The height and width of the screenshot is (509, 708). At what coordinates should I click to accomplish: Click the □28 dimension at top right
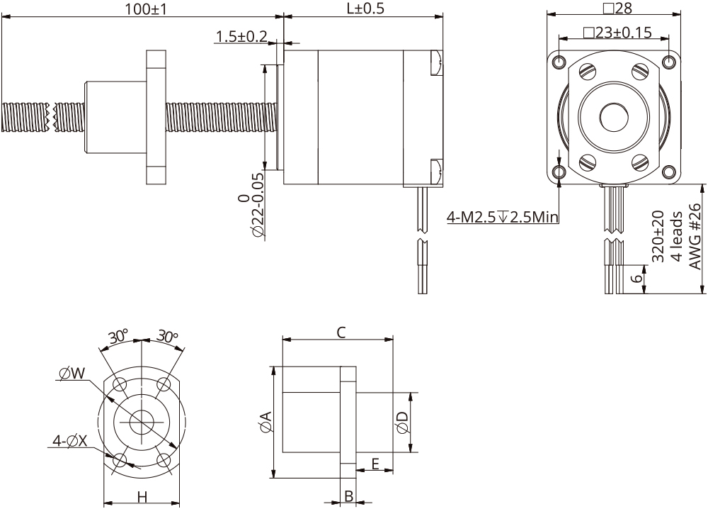coord(616,8)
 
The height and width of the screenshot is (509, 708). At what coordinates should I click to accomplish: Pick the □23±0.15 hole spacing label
coord(615,33)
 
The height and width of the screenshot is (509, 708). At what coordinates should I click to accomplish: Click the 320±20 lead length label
coord(658,237)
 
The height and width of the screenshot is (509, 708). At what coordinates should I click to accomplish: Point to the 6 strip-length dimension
coord(637,278)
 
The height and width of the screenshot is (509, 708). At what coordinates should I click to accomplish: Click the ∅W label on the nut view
coord(72,373)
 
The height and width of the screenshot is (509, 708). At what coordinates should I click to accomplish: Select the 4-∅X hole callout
coord(69,441)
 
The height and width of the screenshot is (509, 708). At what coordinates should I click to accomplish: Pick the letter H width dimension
coord(142,497)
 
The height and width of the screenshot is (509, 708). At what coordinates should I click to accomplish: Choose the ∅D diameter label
coord(402,423)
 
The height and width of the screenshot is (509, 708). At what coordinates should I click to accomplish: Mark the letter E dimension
coord(375,463)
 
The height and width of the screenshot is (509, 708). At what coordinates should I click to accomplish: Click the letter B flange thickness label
coord(348,496)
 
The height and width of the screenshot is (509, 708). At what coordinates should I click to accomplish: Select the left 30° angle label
coord(118,336)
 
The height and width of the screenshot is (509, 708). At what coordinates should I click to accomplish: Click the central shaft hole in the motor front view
coord(613,116)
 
